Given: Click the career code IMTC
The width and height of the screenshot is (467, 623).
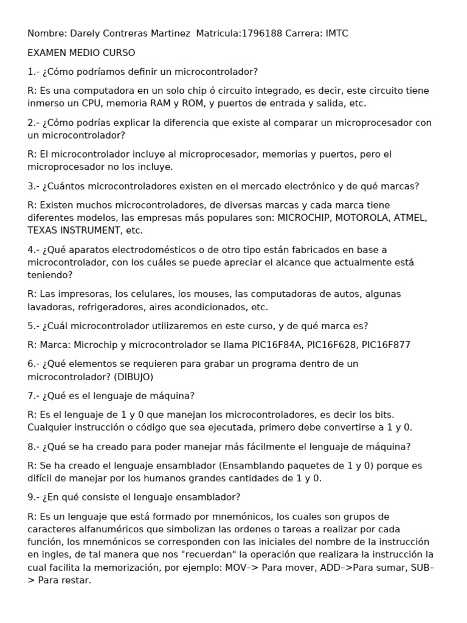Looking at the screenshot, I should (x=337, y=33).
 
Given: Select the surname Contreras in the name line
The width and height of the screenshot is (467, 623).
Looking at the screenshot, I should (x=120, y=33).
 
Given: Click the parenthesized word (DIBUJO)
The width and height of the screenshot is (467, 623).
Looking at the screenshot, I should (x=133, y=377).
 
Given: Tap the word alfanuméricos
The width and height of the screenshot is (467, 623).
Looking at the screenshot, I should (x=109, y=529).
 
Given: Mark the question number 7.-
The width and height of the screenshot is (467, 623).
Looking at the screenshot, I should (x=33, y=396).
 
